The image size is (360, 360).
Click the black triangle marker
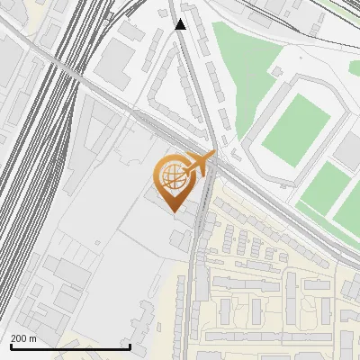(x=181, y=24)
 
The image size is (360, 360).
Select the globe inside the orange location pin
(x=172, y=178)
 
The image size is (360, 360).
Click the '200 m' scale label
(x=23, y=338)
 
